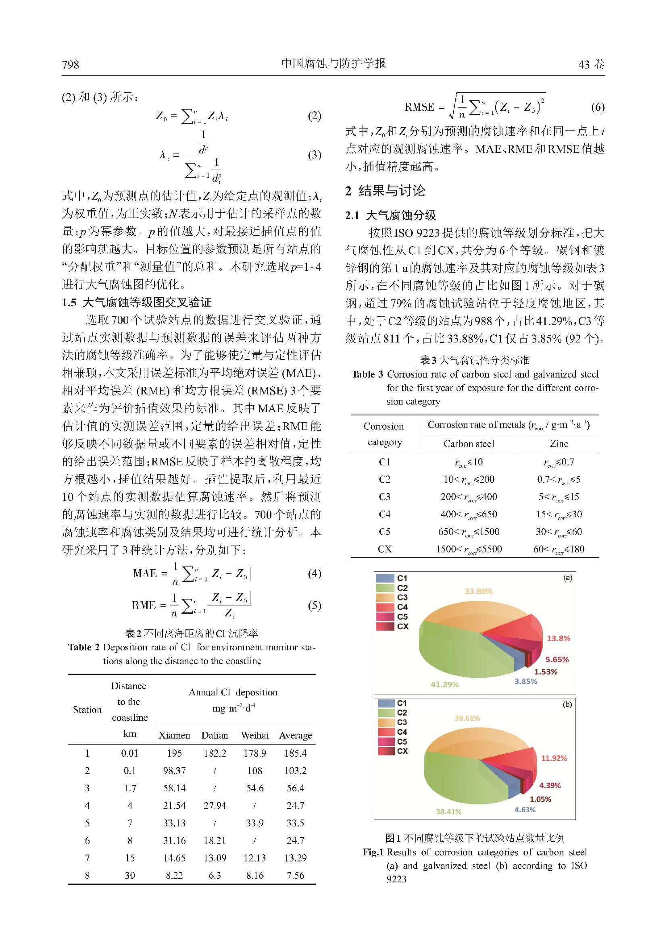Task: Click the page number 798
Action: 70,64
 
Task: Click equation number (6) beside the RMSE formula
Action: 598,107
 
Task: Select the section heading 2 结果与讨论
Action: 385,191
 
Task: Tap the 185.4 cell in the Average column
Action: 295,753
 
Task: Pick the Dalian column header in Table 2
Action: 215,735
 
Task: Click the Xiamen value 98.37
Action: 174,770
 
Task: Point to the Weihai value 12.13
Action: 254,857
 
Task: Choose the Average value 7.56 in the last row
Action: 295,875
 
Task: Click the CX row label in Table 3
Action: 384,549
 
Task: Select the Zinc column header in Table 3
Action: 559,444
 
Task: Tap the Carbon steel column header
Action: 469,444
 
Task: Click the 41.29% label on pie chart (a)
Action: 444,685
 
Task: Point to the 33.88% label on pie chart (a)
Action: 479,591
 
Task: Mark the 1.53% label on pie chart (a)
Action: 546,672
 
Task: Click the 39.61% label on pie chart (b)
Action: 467,718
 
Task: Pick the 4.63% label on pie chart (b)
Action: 525,809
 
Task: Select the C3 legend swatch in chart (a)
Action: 385,598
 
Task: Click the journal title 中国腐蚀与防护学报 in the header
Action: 333,63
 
